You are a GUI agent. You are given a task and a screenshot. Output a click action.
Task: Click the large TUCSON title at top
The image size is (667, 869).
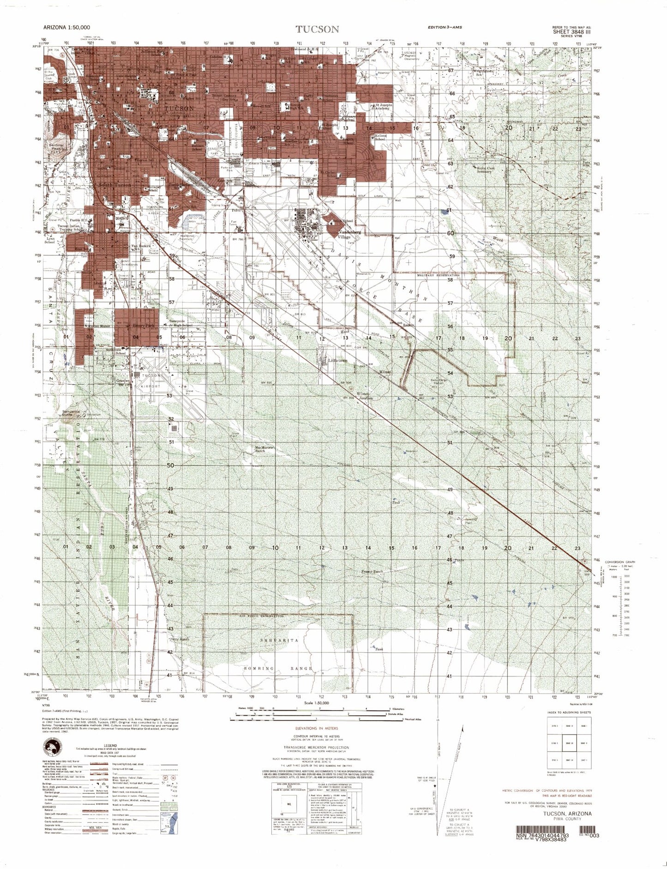click(318, 29)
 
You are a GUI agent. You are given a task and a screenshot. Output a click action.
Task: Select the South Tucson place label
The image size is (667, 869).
click(113, 185)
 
